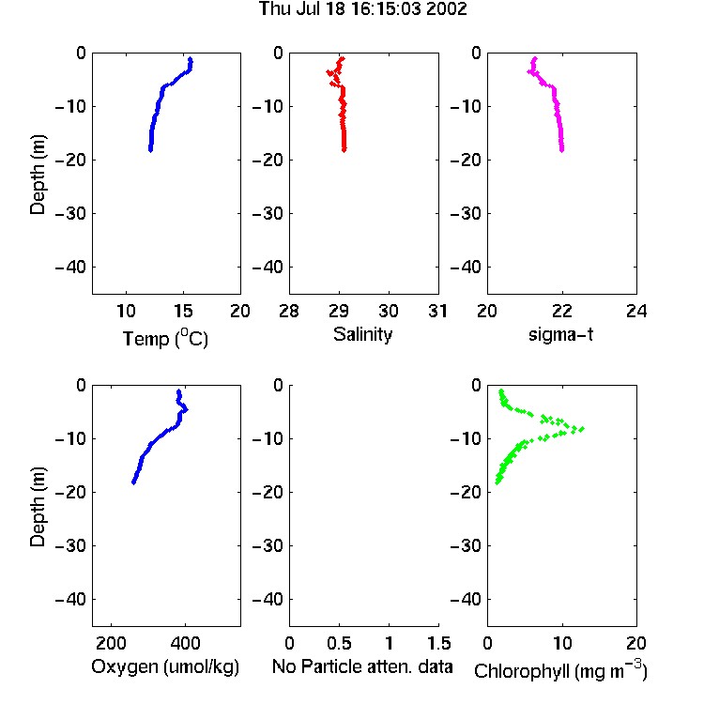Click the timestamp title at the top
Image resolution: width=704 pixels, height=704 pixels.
362,9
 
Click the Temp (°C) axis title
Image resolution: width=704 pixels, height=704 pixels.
165,338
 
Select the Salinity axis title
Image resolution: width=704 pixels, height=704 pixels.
362,334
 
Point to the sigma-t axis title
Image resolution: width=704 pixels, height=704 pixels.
560,334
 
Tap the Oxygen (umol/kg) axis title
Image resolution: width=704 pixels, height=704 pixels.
165,666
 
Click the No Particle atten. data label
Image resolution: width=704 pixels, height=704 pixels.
362,666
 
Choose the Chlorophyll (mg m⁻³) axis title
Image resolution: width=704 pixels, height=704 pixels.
560,670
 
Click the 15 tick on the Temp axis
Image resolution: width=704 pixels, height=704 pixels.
183,311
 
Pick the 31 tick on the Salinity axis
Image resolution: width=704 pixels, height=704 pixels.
438,311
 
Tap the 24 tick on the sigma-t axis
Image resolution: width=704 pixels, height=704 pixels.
636,311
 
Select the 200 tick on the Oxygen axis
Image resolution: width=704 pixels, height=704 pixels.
111,643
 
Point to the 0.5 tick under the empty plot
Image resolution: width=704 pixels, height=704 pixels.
339,643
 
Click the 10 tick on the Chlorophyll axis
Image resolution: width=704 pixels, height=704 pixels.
562,643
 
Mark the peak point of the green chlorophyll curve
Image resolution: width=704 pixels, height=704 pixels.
582,429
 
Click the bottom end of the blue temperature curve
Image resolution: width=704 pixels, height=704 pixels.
150,150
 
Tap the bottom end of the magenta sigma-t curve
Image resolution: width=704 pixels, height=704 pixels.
561,149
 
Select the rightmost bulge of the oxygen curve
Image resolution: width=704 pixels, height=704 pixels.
186,409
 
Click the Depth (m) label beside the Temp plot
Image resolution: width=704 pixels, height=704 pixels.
38,175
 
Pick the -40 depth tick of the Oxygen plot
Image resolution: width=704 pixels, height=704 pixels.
70,599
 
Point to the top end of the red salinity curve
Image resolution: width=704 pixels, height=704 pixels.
343,58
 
